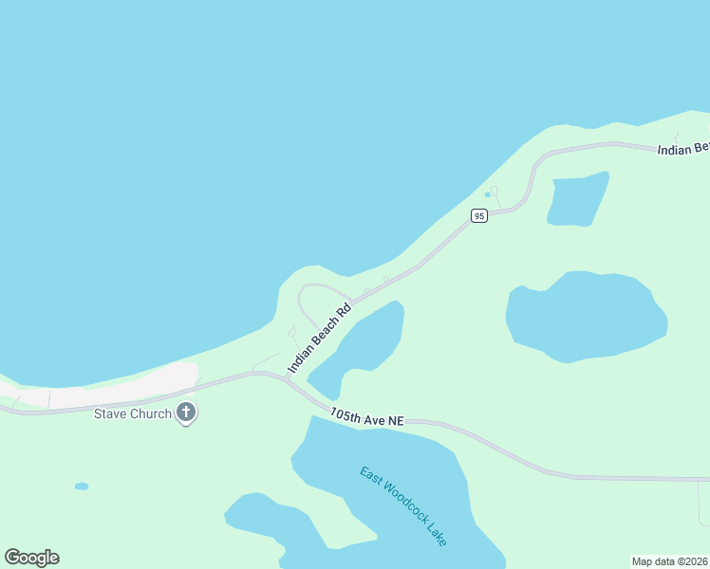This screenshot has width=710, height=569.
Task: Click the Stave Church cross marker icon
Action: point(186,413)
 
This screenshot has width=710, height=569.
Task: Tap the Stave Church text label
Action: point(133,413)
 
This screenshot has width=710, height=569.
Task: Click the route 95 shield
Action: point(479,216)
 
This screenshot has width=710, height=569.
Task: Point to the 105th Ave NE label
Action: point(367,417)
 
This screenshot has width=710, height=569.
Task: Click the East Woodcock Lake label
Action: point(403,505)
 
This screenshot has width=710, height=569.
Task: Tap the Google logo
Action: point(31,558)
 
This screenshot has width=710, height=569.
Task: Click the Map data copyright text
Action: point(670,560)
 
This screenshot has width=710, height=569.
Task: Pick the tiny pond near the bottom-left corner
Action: point(82,486)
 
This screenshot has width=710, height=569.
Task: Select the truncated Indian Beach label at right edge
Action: point(683,149)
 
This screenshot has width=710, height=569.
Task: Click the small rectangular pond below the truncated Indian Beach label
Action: point(577,199)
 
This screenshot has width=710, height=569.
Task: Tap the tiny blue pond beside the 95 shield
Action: point(488,195)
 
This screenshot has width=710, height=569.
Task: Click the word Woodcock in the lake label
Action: point(402,505)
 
